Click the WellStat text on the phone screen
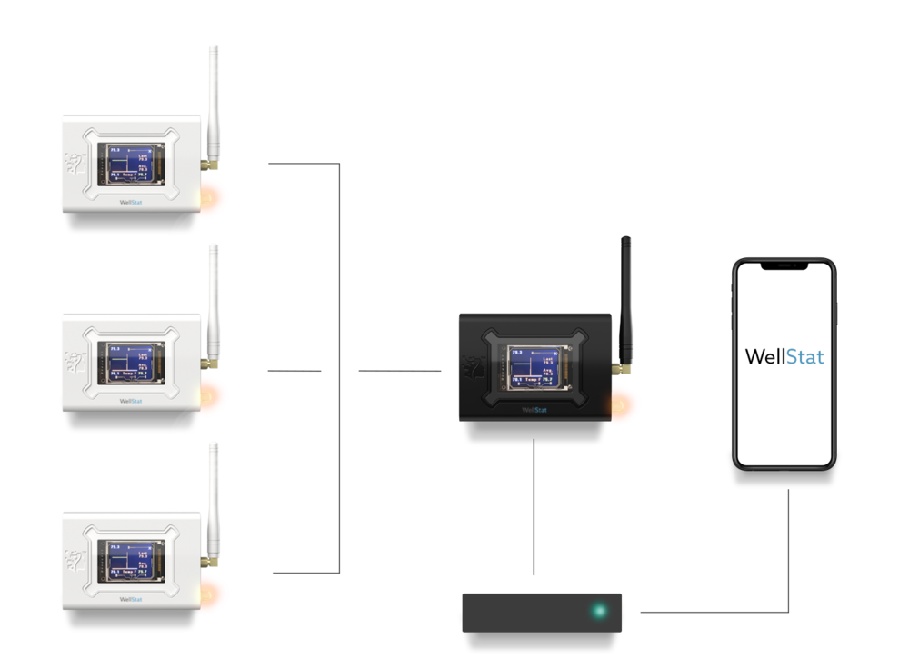coord(784,356)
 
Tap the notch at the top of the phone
coord(784,266)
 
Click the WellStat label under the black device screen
coord(534,410)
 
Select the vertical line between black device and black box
coord(534,509)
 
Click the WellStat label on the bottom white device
coord(131,600)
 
